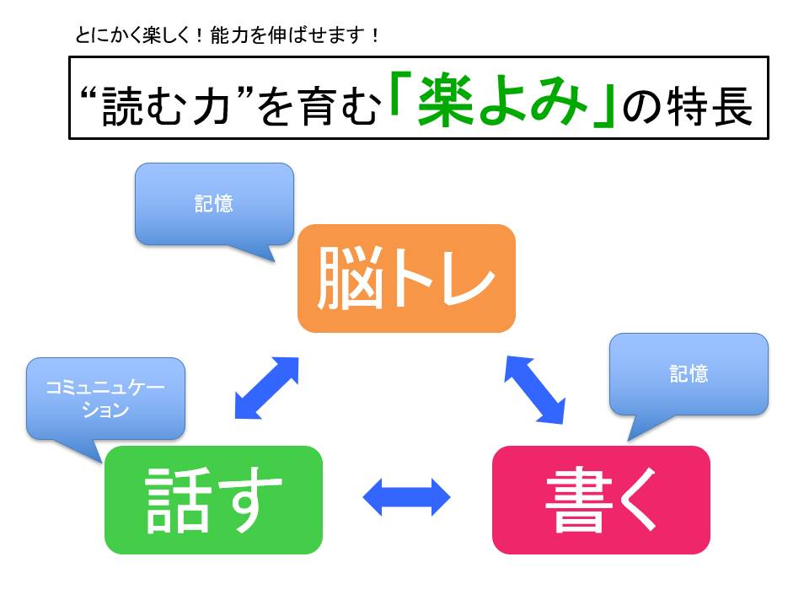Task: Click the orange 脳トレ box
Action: click(405, 278)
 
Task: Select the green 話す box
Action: click(213, 499)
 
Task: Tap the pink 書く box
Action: click(600, 499)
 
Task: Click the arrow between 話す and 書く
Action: click(407, 497)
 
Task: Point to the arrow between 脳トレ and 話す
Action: click(265, 387)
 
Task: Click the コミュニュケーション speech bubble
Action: click(105, 398)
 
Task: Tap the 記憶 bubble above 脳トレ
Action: click(213, 204)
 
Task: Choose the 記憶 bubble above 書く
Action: click(688, 374)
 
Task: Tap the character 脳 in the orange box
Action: click(345, 279)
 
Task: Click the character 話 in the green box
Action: click(175, 500)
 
